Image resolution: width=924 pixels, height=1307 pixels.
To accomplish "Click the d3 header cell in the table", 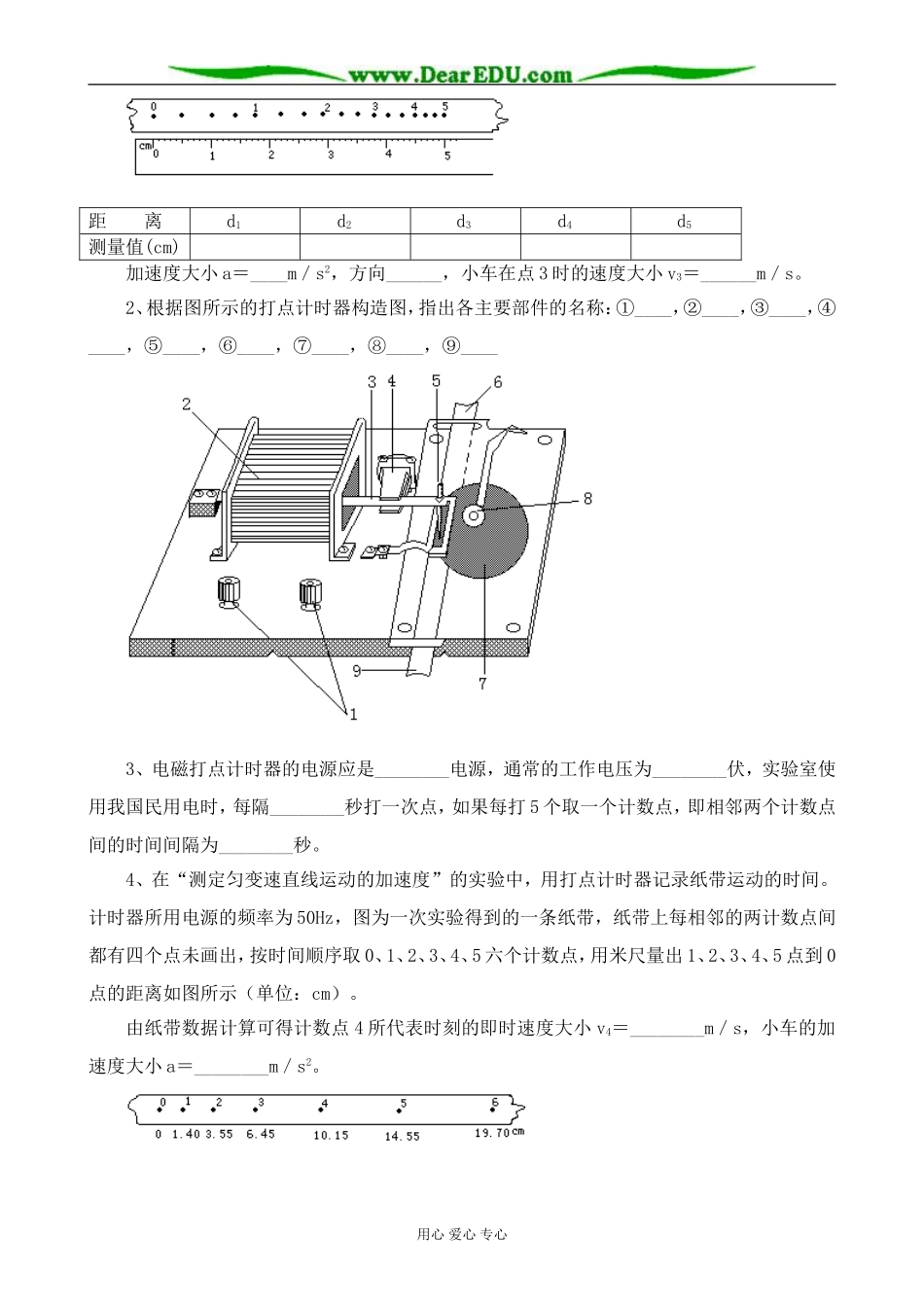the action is pos(464,222).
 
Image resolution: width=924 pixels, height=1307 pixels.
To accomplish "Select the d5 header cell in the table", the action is pos(685,222).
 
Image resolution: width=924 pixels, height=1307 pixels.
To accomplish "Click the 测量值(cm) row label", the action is pos(134,246).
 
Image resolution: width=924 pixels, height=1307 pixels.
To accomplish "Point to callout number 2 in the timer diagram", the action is pos(187,404).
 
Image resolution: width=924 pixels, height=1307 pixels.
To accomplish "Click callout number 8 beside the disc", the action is pos(586,499).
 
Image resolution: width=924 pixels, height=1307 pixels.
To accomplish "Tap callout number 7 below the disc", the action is pos(482,684).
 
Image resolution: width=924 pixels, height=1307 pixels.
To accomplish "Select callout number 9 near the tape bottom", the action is pos(357,670).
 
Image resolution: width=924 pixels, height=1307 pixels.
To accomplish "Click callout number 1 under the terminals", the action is pos(353,715).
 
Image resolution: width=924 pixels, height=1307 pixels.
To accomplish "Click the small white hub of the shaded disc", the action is pos(474,515).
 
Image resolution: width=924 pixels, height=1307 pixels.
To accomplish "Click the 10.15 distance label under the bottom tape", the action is pos(331,1135).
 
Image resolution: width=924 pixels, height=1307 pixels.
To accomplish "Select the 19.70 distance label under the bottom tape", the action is pos(493,1133).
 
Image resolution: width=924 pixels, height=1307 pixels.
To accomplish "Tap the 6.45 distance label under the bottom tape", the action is pos(261,1134).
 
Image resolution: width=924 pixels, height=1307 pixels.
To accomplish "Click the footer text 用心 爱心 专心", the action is pos(462,1234).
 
